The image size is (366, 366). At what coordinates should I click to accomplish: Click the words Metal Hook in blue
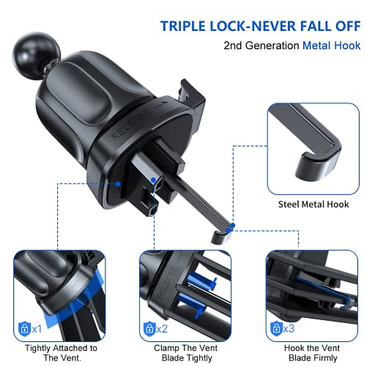[331, 45]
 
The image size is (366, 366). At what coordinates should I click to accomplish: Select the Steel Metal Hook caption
[313, 204]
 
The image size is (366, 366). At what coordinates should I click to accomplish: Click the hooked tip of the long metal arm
[220, 236]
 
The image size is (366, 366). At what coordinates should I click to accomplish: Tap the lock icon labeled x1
[25, 328]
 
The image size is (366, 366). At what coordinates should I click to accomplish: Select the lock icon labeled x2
[149, 328]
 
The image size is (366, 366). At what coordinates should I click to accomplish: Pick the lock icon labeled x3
[276, 328]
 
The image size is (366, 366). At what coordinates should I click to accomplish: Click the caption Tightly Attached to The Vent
[61, 353]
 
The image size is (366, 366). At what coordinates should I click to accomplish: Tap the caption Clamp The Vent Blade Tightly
[186, 353]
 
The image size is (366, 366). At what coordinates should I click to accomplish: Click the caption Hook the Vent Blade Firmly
[312, 353]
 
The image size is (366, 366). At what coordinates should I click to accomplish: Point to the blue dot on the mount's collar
[118, 184]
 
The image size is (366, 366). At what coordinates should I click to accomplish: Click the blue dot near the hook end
[233, 226]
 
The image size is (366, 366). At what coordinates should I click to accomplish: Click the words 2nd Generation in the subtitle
[261, 45]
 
